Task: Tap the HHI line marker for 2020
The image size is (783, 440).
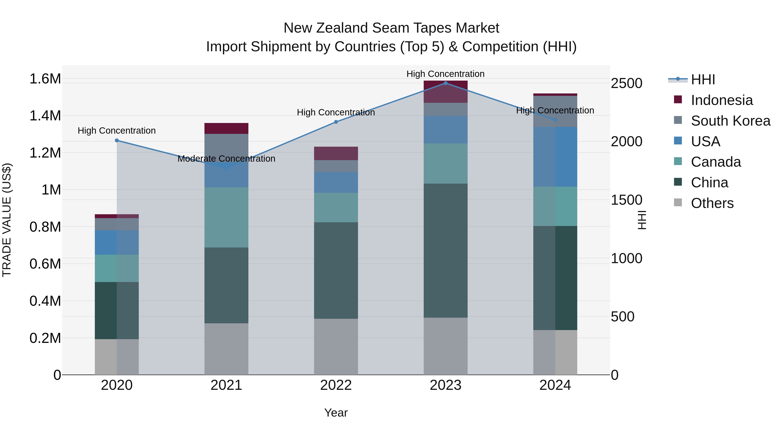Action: pyautogui.click(x=117, y=140)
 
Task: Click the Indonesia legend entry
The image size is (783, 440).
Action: pyautogui.click(x=722, y=100)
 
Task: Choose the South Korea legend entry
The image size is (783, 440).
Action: pyautogui.click(x=730, y=121)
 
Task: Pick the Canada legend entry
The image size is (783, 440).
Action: pyautogui.click(x=716, y=162)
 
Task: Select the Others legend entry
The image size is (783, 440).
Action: pyautogui.click(x=712, y=203)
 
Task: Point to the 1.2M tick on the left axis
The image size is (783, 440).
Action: pyautogui.click(x=45, y=153)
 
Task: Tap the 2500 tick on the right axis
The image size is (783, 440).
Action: pyautogui.click(x=626, y=83)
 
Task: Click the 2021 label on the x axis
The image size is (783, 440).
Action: pyautogui.click(x=226, y=385)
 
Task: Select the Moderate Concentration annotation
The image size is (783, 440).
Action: pyautogui.click(x=226, y=159)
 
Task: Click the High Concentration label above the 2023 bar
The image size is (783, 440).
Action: pyautogui.click(x=445, y=74)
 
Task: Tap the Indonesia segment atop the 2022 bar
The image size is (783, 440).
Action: pyautogui.click(x=336, y=153)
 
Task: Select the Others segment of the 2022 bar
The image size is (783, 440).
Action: pyautogui.click(x=336, y=347)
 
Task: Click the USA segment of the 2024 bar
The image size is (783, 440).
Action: pyautogui.click(x=555, y=157)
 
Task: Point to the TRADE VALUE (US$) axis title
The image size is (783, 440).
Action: pyautogui.click(x=7, y=220)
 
